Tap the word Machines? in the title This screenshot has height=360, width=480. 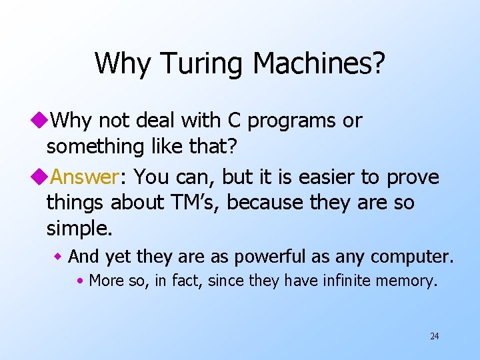pos(319,63)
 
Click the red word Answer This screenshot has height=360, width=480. pos(85,177)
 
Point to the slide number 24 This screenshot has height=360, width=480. pos(434,336)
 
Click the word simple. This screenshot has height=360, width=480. pos(79,229)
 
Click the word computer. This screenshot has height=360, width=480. pos(411,257)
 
